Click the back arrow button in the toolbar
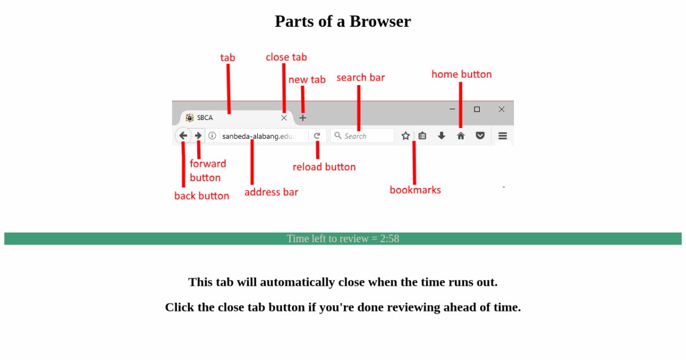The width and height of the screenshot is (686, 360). pos(183,136)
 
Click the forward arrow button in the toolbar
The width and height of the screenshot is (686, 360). pos(198,136)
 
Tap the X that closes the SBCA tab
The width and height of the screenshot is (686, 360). pos(284,118)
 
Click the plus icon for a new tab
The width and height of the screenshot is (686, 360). pos(303,118)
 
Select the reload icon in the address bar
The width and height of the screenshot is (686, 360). pos(317,136)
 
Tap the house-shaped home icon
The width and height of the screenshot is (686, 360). pos(461,136)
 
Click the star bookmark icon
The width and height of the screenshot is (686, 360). pos(405,136)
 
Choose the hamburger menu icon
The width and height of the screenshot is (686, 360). pos(502,136)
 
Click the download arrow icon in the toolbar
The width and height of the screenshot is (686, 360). pos(441,136)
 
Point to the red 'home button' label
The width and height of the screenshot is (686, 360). pos(461,74)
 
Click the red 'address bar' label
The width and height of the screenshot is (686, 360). pos(271,192)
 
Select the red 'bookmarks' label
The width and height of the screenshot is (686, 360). pos(415,190)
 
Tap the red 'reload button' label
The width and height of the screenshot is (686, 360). pos(324,167)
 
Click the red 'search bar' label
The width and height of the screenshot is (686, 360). pos(361,78)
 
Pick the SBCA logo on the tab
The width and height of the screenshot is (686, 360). pos(190,118)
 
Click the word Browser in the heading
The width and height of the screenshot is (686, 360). pos(380,22)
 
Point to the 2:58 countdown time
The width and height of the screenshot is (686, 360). pos(390,239)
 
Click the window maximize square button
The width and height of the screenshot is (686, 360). pos(477,109)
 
